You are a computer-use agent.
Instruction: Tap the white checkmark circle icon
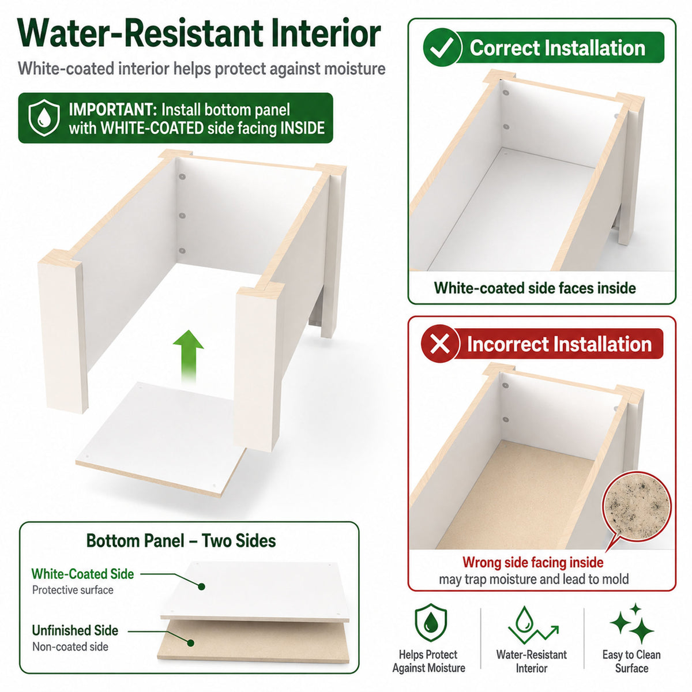tap(442, 48)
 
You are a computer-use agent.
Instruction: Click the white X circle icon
tap(439, 344)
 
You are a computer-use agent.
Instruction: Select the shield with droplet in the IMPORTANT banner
tap(44, 118)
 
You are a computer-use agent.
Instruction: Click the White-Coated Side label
tap(82, 574)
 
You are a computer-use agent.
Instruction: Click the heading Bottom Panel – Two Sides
tap(181, 540)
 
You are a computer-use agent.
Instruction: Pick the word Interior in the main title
tap(326, 33)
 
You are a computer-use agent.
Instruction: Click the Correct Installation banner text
tap(557, 48)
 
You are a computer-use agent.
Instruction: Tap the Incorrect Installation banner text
tap(559, 344)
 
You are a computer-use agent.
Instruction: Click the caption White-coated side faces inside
tap(535, 288)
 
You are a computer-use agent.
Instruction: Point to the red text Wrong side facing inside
tap(533, 562)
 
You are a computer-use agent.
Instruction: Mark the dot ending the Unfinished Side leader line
tap(191, 643)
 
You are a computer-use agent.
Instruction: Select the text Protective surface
tap(73, 590)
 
